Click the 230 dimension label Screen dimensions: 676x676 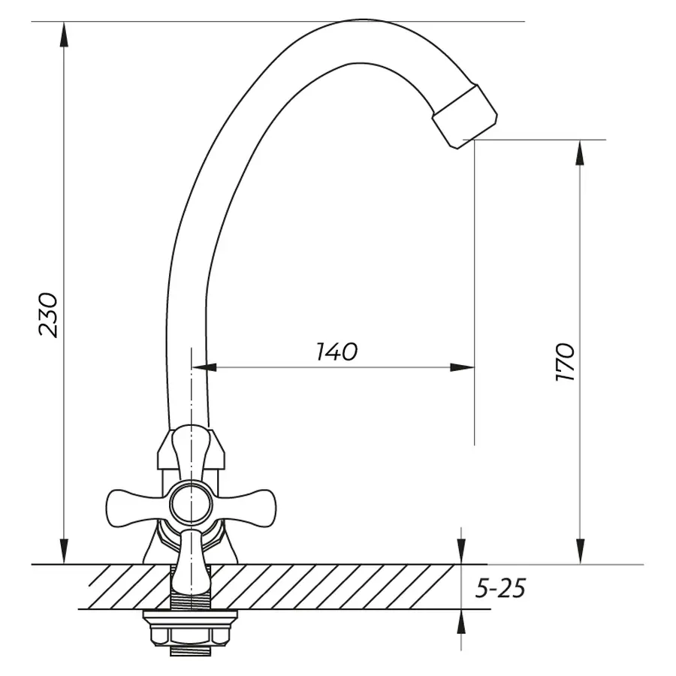click(48, 315)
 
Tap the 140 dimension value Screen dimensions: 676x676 click(336, 352)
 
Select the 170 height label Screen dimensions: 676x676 click(565, 362)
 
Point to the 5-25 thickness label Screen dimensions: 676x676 click(500, 588)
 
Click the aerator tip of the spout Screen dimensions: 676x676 click(465, 116)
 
